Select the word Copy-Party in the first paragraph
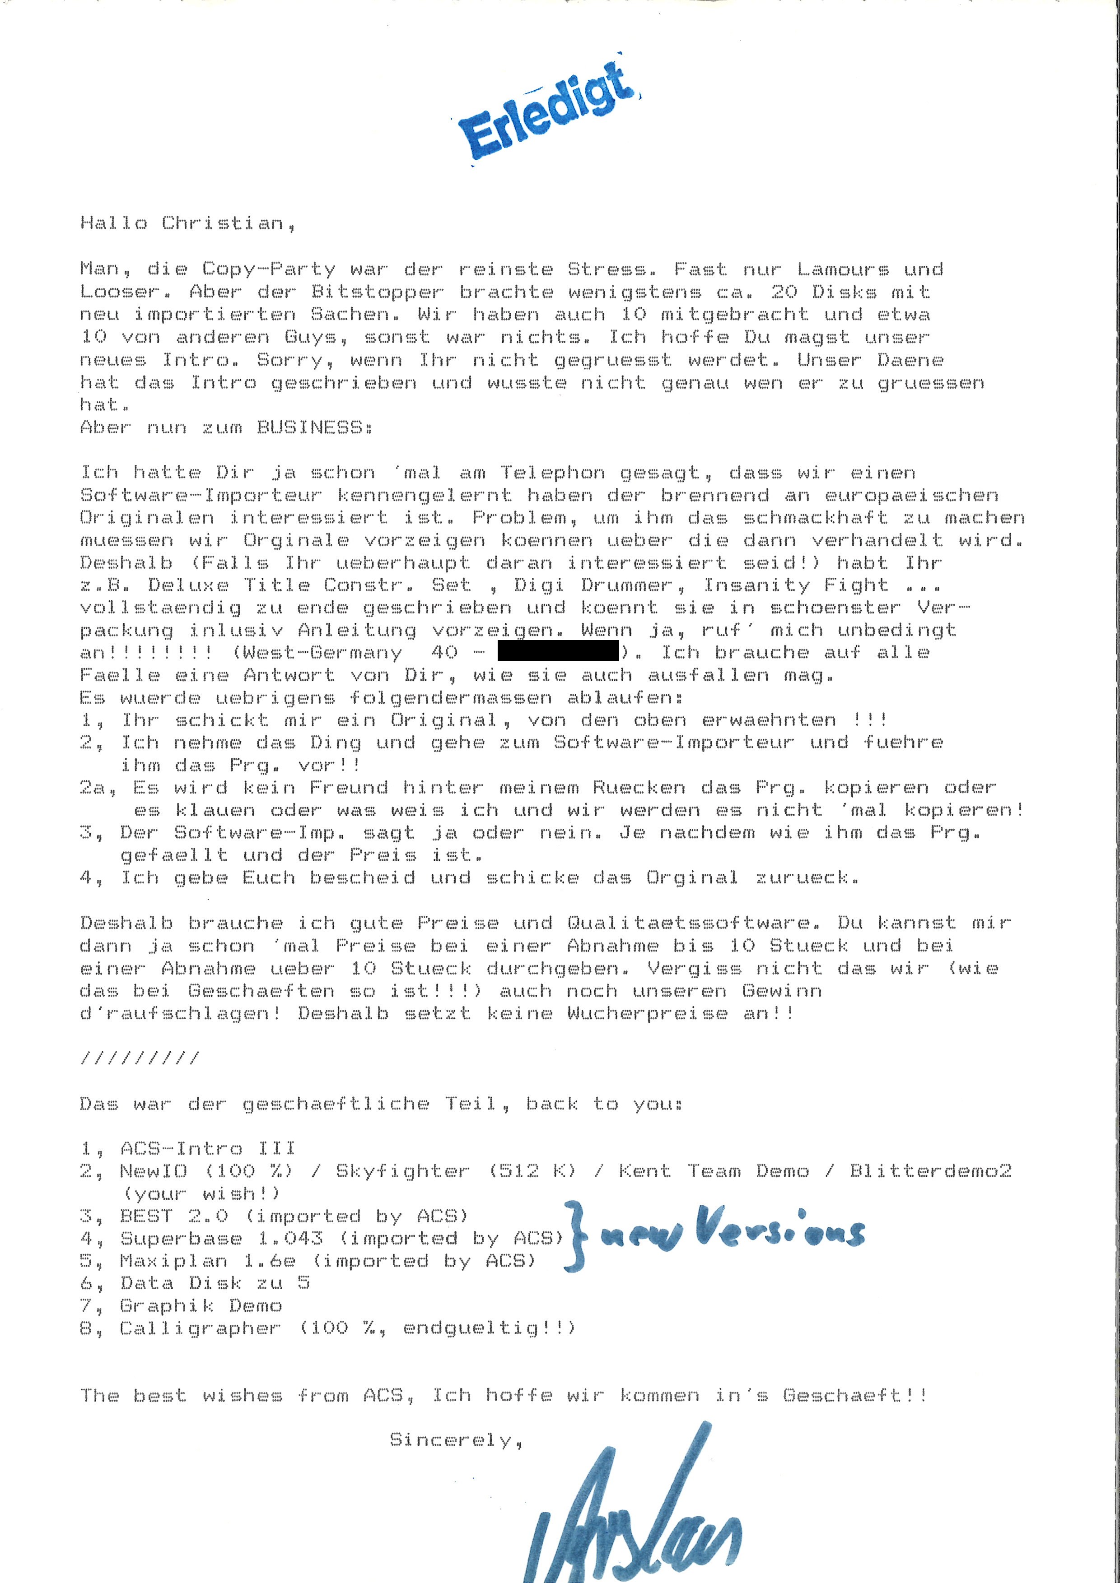[x=269, y=269]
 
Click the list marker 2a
[x=93, y=787]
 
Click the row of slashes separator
[x=140, y=1058]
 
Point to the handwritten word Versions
[x=779, y=1229]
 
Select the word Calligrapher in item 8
[x=201, y=1328]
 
